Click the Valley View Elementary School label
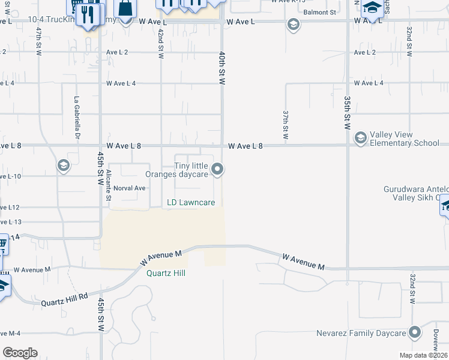click(x=405, y=139)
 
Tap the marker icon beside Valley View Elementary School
click(x=360, y=139)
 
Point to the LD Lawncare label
click(x=191, y=203)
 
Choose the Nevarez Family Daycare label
click(x=361, y=333)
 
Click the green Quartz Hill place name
click(x=166, y=272)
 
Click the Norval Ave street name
click(x=130, y=188)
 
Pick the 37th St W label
click(x=286, y=124)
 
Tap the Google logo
click(x=20, y=353)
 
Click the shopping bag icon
click(x=125, y=8)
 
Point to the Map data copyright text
click(x=424, y=355)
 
